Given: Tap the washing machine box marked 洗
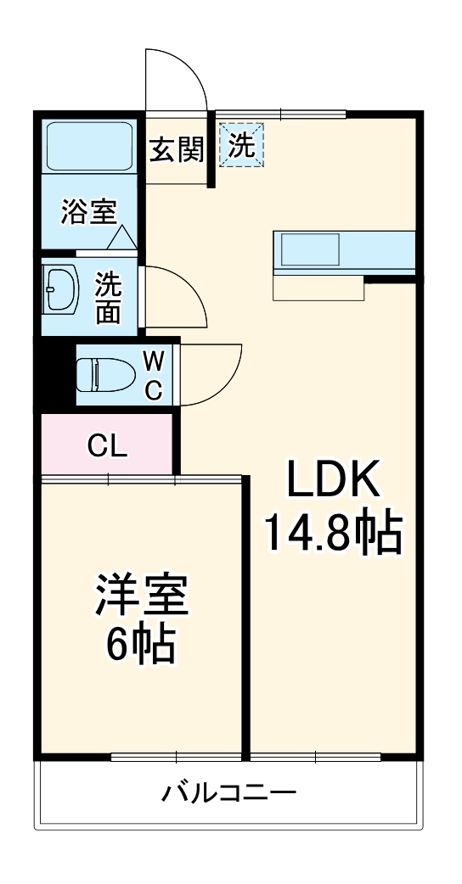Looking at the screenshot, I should [x=242, y=146].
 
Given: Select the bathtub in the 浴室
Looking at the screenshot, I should [x=88, y=147].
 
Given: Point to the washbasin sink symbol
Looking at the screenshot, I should [x=60, y=291].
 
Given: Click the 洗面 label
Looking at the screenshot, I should [x=108, y=297].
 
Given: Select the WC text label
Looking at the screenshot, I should [x=153, y=374].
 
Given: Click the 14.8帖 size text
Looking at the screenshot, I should [x=331, y=533].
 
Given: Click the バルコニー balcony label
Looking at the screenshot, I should [x=229, y=793].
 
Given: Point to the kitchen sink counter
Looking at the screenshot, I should [x=344, y=252].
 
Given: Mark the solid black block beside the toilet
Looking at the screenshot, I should [x=54, y=374].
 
